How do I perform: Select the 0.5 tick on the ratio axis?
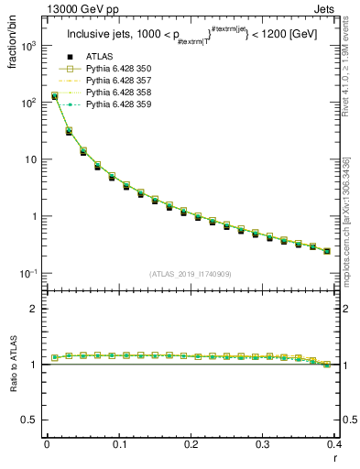point(34,420)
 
